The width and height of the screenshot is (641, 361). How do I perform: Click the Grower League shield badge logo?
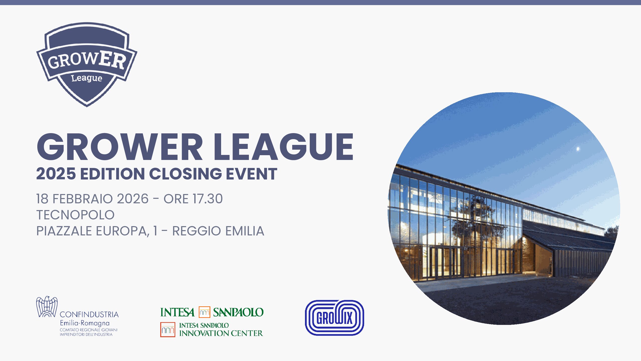click(x=87, y=64)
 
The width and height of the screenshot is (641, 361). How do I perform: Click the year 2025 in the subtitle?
click(x=56, y=173)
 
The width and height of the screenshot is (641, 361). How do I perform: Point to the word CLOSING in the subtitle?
click(x=186, y=173)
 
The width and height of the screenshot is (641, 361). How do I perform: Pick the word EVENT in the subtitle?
click(x=252, y=173)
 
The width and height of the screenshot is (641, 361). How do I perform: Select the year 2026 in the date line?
click(x=133, y=199)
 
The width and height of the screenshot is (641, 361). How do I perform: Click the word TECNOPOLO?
click(x=75, y=215)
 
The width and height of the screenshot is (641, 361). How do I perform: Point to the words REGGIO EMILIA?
click(x=218, y=231)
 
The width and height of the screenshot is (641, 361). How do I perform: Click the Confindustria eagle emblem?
click(x=47, y=307)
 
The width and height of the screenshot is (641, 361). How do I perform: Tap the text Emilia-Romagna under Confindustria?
click(x=85, y=323)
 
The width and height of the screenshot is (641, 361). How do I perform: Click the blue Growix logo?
click(x=335, y=318)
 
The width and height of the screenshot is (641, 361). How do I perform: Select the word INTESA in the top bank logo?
click(x=177, y=312)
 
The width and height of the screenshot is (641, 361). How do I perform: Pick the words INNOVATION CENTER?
click(x=221, y=333)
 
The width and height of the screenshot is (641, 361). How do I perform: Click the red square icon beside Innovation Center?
click(x=168, y=330)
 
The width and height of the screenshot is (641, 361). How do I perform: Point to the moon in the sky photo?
click(x=578, y=149)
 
